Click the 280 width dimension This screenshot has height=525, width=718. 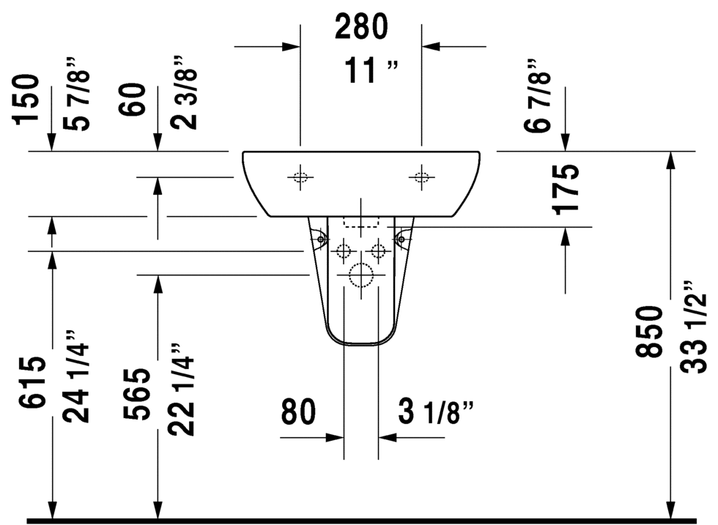360,26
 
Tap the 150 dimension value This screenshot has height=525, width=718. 26,100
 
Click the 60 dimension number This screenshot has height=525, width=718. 133,99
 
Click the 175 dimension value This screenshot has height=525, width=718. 566,189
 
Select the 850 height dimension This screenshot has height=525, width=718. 649,332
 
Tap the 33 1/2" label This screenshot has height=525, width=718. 694,327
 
